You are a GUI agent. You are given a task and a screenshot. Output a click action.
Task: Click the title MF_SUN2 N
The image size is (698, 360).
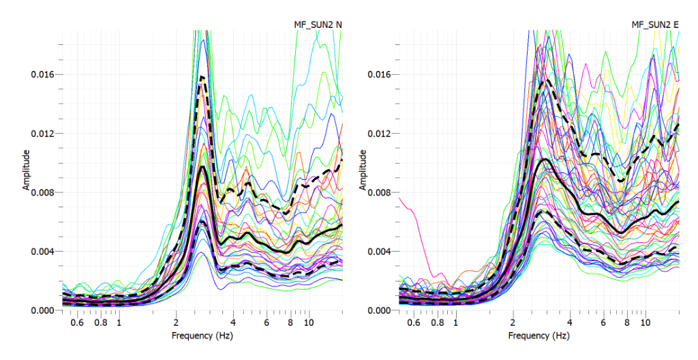(x=314, y=25)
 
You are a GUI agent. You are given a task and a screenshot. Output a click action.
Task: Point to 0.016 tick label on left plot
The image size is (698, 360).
(x=43, y=74)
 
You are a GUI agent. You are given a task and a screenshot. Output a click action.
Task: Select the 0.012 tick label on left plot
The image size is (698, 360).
(x=43, y=133)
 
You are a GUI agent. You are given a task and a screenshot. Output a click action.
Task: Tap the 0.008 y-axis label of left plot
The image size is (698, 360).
(x=43, y=192)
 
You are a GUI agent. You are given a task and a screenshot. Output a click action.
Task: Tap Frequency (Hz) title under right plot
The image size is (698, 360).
(x=538, y=335)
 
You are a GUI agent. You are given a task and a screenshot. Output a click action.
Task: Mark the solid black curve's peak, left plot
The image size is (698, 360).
(x=202, y=166)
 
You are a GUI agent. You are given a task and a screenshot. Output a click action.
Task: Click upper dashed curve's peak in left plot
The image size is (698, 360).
(x=202, y=77)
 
